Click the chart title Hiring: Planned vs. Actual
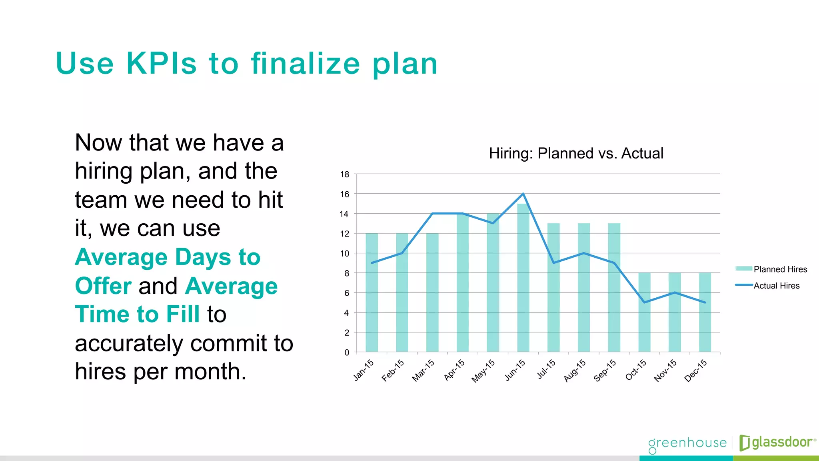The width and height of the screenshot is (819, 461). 576,153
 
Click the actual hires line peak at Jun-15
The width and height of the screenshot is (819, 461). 523,194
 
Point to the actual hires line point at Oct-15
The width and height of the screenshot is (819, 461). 644,302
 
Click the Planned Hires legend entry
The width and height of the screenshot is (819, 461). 780,269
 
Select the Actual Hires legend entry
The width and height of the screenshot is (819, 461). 776,286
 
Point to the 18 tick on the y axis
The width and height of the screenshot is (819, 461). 345,174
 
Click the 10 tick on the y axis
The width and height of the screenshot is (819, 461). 345,253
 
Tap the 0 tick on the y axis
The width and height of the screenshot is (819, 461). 347,353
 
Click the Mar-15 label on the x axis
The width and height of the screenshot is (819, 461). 423,370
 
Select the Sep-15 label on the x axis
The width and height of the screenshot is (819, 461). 605,370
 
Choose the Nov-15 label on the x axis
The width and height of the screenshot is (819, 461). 665,370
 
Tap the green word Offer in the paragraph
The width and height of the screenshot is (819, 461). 103,286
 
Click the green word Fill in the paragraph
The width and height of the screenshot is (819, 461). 183,314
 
